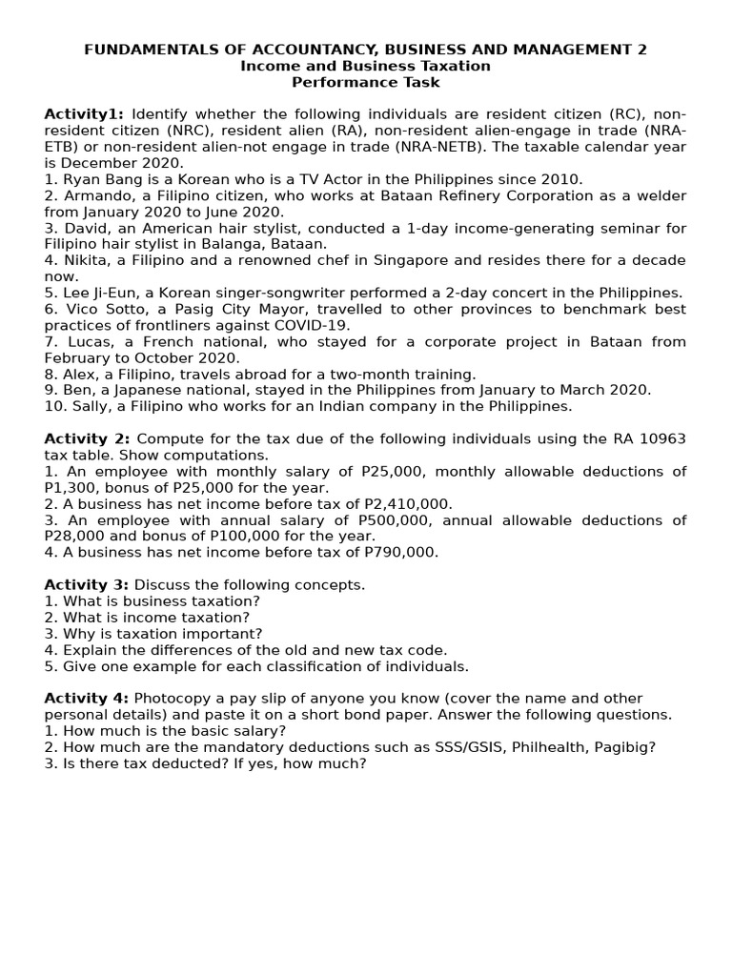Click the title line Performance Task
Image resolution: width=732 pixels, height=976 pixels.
point(365,83)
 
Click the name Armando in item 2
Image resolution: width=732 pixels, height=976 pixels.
point(94,195)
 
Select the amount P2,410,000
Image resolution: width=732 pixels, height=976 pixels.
point(407,503)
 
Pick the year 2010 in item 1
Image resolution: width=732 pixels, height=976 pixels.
point(561,179)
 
